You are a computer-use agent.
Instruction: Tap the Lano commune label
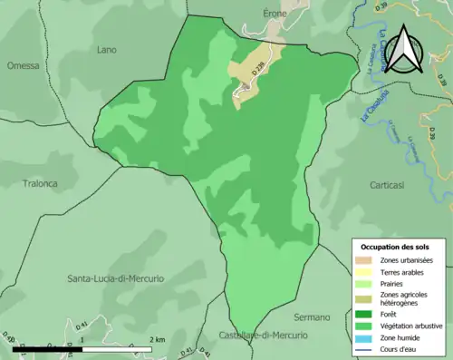coord(107,50)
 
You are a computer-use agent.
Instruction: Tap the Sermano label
coord(311,317)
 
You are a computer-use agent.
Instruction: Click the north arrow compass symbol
coord(409,50)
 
